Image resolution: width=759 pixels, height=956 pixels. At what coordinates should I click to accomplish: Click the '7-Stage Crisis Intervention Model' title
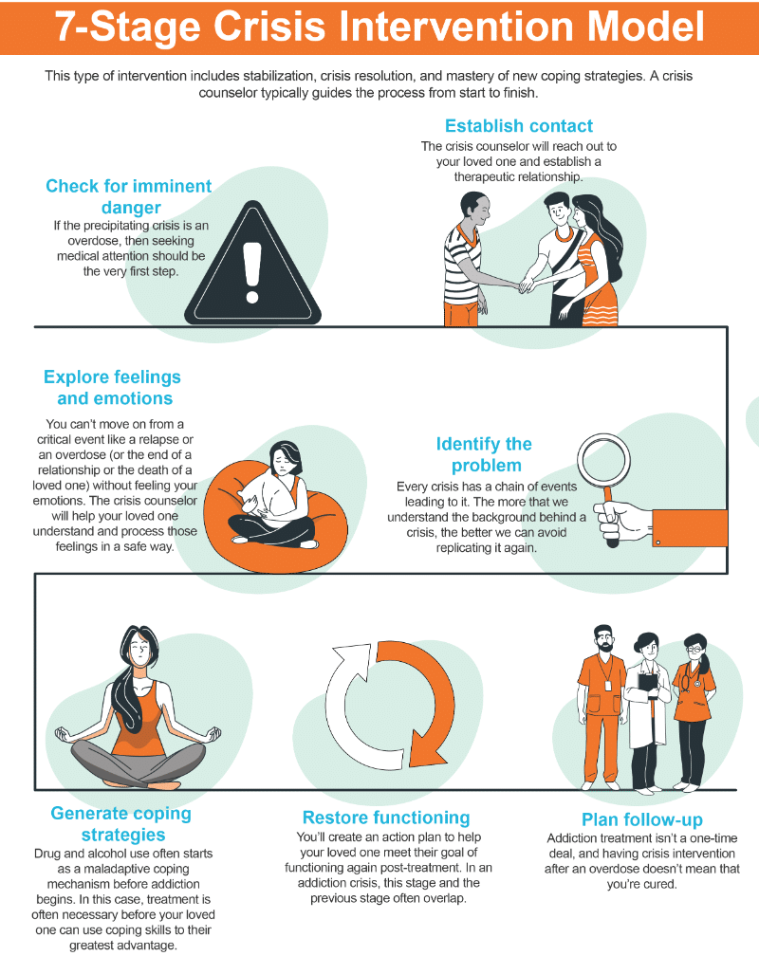[379, 27]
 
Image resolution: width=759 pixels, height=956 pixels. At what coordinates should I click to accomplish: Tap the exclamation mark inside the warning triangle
[252, 272]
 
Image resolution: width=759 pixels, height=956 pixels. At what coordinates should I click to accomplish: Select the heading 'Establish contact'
[519, 125]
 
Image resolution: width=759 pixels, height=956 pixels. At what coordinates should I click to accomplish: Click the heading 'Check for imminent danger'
[129, 196]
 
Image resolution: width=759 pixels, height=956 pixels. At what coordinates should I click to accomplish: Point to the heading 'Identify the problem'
[485, 454]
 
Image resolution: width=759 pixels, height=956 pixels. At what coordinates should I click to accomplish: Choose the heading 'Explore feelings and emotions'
[113, 387]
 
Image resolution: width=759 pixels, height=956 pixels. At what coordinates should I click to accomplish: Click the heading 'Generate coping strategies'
[121, 823]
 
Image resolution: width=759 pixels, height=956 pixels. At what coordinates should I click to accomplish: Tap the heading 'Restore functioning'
[386, 817]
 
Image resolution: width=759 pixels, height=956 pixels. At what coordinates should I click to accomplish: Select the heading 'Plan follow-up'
[642, 818]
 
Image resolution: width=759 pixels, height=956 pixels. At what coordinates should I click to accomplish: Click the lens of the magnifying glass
[604, 460]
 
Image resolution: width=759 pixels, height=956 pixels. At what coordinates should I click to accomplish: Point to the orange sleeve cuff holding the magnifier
[690, 527]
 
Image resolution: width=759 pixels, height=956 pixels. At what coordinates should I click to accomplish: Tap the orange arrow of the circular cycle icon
[421, 701]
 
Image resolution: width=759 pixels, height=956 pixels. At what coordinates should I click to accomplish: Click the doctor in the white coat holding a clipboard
[647, 713]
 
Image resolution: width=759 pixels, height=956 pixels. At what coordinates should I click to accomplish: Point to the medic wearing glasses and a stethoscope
[694, 712]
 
